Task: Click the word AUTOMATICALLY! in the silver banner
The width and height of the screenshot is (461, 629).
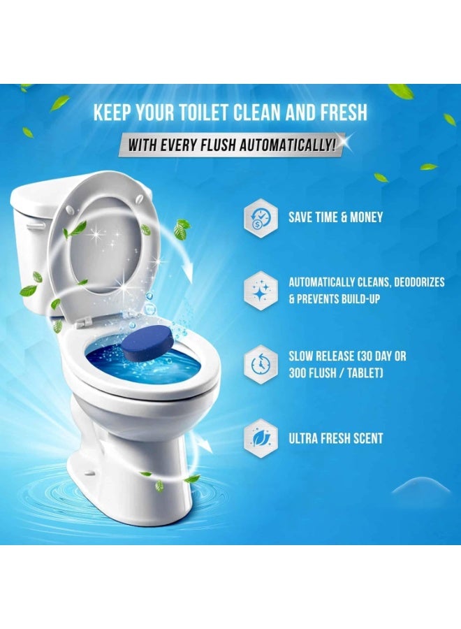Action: tap(287, 145)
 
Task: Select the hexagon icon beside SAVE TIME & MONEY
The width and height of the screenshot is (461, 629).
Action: tap(261, 218)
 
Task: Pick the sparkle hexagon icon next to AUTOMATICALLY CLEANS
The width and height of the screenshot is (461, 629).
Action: tap(261, 291)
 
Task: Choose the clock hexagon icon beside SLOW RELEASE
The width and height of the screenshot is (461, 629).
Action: tap(261, 364)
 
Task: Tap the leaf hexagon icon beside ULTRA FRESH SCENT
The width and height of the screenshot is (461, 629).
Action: tap(261, 438)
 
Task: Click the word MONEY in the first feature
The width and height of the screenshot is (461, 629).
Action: tap(367, 217)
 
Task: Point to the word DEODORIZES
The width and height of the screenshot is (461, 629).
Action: tap(419, 282)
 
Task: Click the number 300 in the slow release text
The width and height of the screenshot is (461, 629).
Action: tap(298, 373)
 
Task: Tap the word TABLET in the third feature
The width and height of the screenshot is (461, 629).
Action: tap(365, 373)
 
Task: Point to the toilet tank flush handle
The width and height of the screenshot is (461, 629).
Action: tap(36, 226)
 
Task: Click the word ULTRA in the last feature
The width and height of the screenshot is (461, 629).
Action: tap(302, 438)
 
